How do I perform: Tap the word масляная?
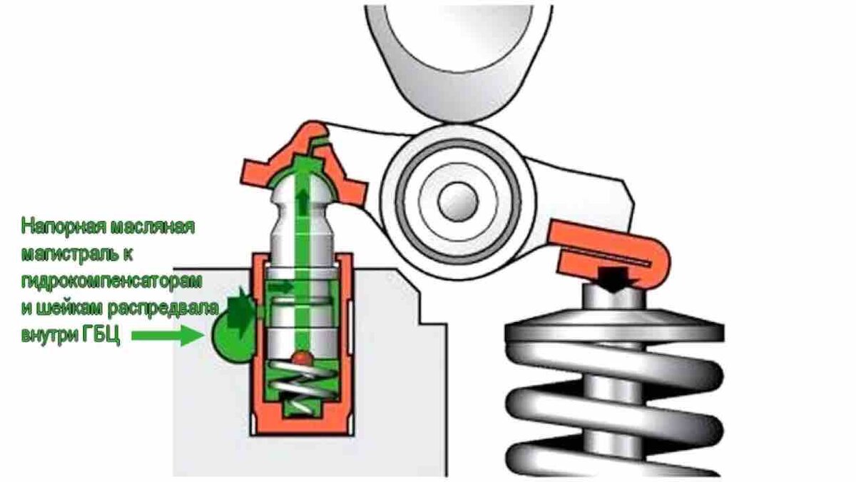(152, 226)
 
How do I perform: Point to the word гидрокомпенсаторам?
(111, 281)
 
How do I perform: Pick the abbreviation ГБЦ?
(101, 336)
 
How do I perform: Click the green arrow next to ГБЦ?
(168, 336)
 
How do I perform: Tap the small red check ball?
(302, 358)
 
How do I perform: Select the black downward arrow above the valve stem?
(614, 279)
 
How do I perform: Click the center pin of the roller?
(458, 201)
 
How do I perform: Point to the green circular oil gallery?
(231, 336)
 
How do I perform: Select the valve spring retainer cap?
(614, 325)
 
